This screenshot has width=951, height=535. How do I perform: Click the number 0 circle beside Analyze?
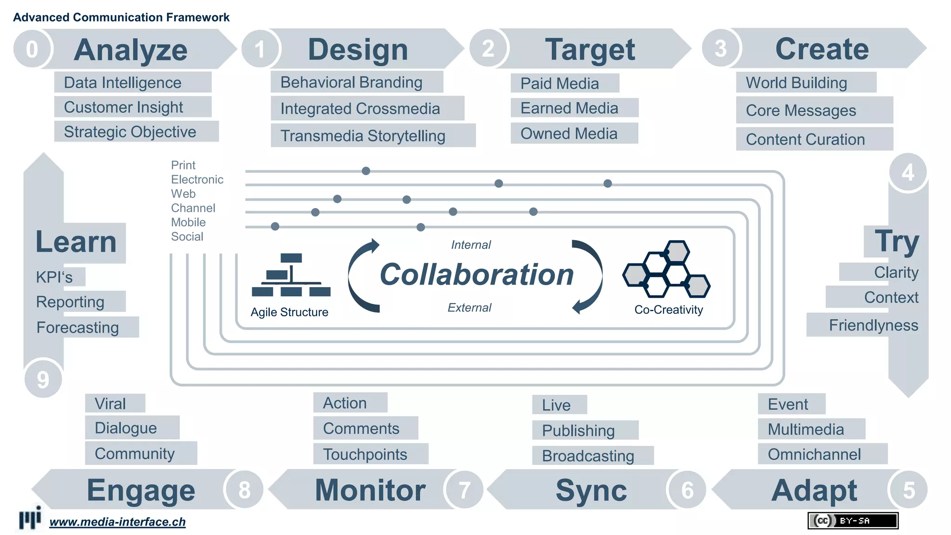click(x=32, y=49)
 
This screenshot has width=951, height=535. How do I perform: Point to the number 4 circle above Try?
click(x=908, y=173)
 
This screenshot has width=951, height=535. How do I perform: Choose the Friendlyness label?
click(x=873, y=325)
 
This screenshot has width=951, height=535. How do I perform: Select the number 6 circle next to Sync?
click(x=687, y=490)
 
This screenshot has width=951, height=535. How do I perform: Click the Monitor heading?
click(x=370, y=490)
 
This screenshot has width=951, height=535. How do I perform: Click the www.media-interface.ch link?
click(x=117, y=522)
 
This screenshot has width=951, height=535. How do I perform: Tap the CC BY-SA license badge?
click(x=853, y=521)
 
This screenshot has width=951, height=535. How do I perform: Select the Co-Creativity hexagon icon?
click(x=666, y=269)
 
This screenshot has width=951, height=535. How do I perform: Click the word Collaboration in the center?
click(x=476, y=274)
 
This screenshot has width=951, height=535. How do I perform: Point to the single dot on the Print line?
click(x=366, y=171)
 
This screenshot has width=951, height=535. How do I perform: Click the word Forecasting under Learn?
click(x=78, y=327)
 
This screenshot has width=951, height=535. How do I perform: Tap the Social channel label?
click(x=187, y=236)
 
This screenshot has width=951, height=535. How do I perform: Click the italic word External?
click(x=469, y=307)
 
